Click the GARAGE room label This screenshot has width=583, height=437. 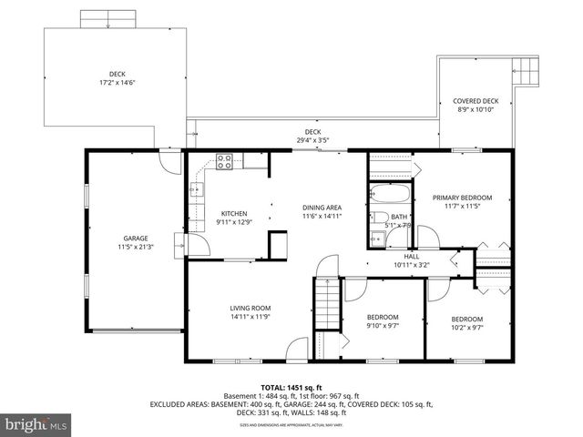[x=135, y=239]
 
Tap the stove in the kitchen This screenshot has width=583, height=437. [x=225, y=163]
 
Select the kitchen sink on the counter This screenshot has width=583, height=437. [x=195, y=191]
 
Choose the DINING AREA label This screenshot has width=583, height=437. [x=322, y=208]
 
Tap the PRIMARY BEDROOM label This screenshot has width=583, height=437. [x=462, y=198]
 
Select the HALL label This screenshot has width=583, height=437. [x=412, y=257]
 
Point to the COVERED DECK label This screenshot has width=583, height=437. [x=476, y=101]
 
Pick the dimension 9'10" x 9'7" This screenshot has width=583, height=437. [x=383, y=326]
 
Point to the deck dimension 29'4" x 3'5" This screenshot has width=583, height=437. [x=312, y=140]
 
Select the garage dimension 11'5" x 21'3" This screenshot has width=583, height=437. [x=135, y=247]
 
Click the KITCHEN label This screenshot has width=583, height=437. [x=234, y=214]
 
